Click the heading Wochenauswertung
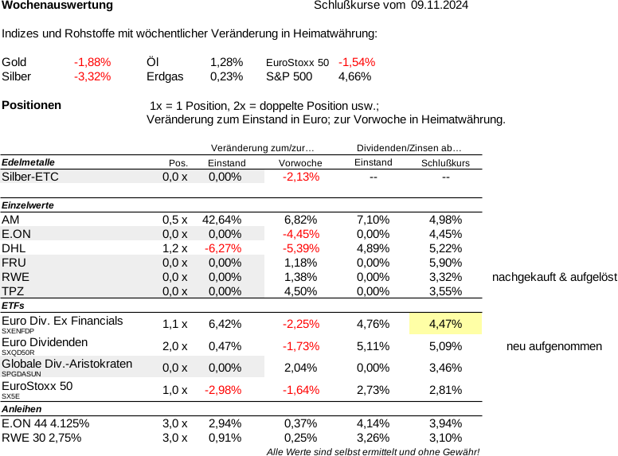tap(57, 6)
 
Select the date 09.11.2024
tap(440, 5)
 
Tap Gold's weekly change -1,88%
tap(92, 62)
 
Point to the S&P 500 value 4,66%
tap(354, 76)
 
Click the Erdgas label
tap(165, 76)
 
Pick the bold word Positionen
tap(32, 105)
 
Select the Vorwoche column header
tap(300, 163)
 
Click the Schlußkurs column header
tap(445, 163)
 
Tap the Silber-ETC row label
tap(30, 177)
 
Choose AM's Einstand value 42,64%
tap(222, 220)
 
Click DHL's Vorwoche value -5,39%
tap(301, 248)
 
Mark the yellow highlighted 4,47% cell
tap(445, 324)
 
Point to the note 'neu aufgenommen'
tap(554, 346)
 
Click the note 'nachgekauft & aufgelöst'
tap(554, 277)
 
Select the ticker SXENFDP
tap(18, 331)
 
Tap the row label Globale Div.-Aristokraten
tap(67, 364)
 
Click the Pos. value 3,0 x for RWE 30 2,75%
tap(175, 438)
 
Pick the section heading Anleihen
tap(22, 409)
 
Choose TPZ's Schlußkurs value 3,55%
tap(445, 291)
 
